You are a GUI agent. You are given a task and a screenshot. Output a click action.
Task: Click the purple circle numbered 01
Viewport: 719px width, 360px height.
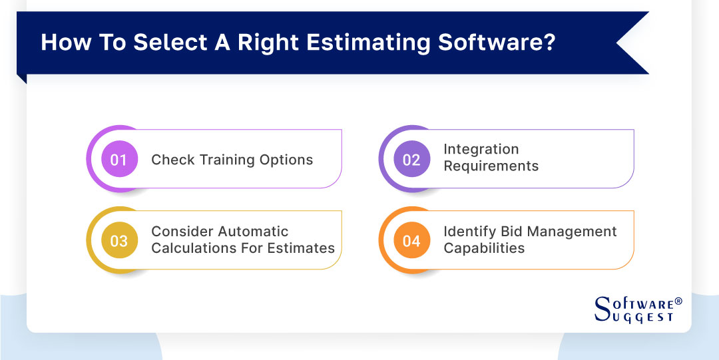(119, 160)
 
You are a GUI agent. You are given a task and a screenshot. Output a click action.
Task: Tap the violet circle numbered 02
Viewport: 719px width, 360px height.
(411, 160)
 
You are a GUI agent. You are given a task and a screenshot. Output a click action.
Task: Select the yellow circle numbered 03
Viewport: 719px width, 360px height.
(119, 241)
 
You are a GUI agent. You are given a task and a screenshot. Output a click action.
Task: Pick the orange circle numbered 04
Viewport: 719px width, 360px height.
(411, 241)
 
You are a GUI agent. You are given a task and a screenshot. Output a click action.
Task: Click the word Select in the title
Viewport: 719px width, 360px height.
(162, 42)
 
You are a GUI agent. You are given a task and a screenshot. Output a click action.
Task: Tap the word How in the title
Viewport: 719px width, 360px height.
(63, 42)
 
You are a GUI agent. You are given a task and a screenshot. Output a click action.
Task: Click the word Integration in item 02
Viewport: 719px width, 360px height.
(481, 150)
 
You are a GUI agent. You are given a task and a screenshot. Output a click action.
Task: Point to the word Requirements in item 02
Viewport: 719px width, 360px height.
(491, 166)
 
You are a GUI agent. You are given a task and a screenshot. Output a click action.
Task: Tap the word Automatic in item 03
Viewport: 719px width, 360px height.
(256, 232)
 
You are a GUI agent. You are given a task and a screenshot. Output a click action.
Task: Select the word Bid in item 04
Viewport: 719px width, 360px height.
(512, 232)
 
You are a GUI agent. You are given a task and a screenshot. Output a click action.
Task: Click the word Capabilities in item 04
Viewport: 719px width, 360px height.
(484, 248)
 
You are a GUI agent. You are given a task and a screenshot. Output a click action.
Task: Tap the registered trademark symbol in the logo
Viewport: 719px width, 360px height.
(678, 301)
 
